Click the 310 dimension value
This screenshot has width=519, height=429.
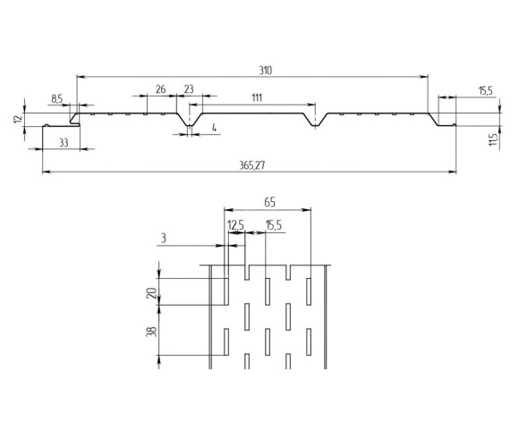click(265, 70)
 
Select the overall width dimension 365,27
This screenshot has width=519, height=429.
click(252, 165)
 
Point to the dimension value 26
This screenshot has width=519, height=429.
click(160, 89)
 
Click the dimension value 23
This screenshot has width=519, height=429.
click(189, 89)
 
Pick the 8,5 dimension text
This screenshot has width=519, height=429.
click(57, 99)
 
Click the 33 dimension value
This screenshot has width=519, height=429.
click(64, 142)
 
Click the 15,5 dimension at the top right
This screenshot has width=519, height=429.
click(485, 90)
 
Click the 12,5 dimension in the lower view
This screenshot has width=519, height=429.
click(236, 225)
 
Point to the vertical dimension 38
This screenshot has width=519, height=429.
click(151, 331)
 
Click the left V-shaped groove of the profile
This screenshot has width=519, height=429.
click(190, 123)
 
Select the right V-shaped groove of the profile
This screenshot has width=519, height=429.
click(316, 123)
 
